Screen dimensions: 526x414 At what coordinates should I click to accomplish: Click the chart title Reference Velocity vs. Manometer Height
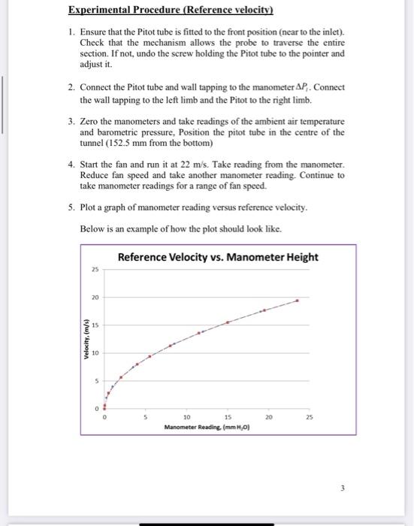pyautogui.click(x=218, y=257)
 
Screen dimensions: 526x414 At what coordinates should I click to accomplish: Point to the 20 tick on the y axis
pyautogui.click(x=95, y=298)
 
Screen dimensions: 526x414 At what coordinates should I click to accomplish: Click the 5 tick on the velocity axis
pyautogui.click(x=96, y=381)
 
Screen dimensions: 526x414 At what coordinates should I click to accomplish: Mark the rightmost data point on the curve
pyautogui.click(x=297, y=301)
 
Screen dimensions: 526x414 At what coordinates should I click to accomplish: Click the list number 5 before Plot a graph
pyautogui.click(x=70, y=207)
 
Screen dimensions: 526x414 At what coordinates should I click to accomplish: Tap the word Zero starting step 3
pyautogui.click(x=92, y=121)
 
